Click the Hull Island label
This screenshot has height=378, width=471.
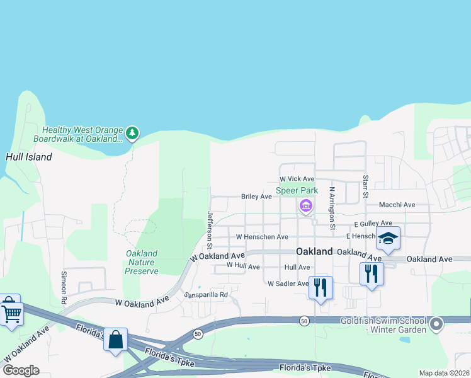pos(28,156)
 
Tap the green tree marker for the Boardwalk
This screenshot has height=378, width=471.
pos(132,133)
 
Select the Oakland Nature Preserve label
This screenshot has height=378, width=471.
pos(142,262)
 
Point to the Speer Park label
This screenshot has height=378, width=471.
pos(297,190)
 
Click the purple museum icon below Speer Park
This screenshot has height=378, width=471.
pos(306,205)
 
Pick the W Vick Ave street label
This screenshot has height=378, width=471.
pos(297,179)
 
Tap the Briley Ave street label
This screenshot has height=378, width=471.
pos(256,197)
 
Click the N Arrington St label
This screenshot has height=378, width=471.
pos(332,207)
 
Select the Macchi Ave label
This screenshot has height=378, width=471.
pos(397,205)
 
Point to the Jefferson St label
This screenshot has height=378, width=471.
pos(210,229)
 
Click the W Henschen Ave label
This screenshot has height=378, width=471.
pos(261,237)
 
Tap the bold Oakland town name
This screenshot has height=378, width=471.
pos(314,251)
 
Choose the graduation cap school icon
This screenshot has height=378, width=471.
pos(388,239)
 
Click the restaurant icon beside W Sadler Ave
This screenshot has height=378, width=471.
pos(321,288)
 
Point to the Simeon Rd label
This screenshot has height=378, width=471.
pos(64,287)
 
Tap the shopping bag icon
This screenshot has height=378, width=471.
pos(116,340)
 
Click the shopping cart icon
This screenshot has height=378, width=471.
pos(11,311)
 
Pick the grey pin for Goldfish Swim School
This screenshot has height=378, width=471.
pos(436,325)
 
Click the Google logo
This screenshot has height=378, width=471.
pos(21,370)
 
